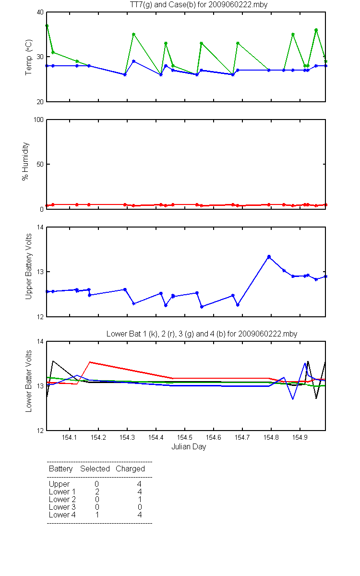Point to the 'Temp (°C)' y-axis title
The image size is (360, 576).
(x=28, y=57)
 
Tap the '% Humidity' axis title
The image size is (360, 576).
(x=25, y=161)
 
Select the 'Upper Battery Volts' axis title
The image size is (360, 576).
(x=28, y=266)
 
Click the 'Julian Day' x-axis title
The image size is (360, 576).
(x=189, y=447)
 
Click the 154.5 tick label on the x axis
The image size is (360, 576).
(x=185, y=437)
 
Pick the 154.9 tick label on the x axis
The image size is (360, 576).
(x=300, y=437)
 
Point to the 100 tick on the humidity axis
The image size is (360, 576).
(x=38, y=120)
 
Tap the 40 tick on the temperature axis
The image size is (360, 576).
(x=40, y=12)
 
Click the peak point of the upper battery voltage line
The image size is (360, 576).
(x=269, y=257)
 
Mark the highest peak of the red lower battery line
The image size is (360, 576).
(x=90, y=362)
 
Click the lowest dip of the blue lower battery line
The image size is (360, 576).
(x=293, y=399)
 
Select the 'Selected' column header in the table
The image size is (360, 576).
(x=95, y=468)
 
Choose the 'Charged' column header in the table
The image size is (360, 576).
(x=130, y=469)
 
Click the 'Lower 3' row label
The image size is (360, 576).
(x=62, y=507)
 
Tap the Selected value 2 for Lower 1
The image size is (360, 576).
(x=97, y=492)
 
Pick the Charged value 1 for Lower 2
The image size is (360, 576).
(x=140, y=499)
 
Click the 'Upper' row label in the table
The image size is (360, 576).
(x=59, y=484)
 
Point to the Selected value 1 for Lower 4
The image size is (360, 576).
(x=97, y=515)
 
